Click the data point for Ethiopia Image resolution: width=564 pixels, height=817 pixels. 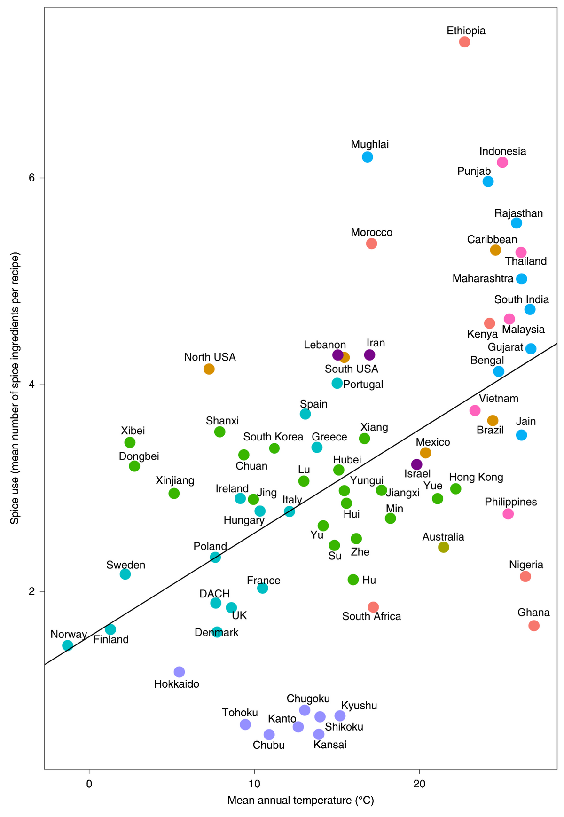pyautogui.click(x=464, y=42)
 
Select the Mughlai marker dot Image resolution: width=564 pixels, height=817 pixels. pyautogui.click(x=368, y=157)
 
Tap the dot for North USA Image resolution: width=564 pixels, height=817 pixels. pyautogui.click(x=209, y=369)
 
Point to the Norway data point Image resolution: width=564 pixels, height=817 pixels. pyautogui.click(x=68, y=645)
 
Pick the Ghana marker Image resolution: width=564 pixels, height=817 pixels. pyautogui.click(x=534, y=626)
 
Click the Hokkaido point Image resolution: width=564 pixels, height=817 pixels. pyautogui.click(x=179, y=672)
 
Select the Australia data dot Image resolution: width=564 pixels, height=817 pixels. pyautogui.click(x=444, y=547)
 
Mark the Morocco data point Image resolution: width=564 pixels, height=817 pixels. pyautogui.click(x=372, y=244)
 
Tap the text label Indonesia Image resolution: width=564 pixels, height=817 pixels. pyautogui.click(x=503, y=151)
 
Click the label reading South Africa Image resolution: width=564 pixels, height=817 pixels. pyautogui.click(x=372, y=616)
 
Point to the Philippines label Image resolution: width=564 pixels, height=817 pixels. pyautogui.click(x=511, y=502)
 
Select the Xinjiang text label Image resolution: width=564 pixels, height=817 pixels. pyautogui.click(x=175, y=481)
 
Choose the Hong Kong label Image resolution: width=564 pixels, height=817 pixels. pyautogui.click(x=476, y=478)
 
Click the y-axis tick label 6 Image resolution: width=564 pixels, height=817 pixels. pyautogui.click(x=32, y=178)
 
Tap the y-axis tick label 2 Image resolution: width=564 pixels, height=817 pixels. pyautogui.click(x=32, y=591)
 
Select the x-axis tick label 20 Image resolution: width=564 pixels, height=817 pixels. pyautogui.click(x=419, y=784)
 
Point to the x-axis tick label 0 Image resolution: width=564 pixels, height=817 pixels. pyautogui.click(x=89, y=784)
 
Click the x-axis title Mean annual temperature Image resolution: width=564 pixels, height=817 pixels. pyautogui.click(x=301, y=801)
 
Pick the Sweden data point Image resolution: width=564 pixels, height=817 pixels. pyautogui.click(x=125, y=574)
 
